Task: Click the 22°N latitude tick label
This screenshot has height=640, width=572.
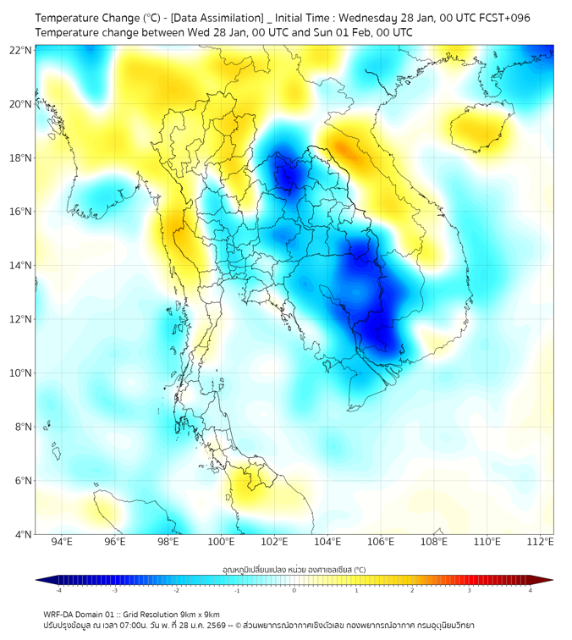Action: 21,51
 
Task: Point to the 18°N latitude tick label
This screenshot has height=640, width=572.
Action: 21,158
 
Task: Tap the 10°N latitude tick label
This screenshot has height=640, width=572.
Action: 21,373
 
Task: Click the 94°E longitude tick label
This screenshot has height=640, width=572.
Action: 62,543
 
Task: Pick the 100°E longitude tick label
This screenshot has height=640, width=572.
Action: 222,543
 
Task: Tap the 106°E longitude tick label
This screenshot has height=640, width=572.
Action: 382,543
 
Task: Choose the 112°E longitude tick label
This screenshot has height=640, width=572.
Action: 541,543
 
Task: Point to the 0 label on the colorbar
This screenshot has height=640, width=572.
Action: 294,591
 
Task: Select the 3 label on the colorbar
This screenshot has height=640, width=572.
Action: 471,591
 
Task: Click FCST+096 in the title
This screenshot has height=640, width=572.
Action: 503,18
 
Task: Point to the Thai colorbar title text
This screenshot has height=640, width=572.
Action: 294,569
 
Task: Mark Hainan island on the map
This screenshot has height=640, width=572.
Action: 478,129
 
